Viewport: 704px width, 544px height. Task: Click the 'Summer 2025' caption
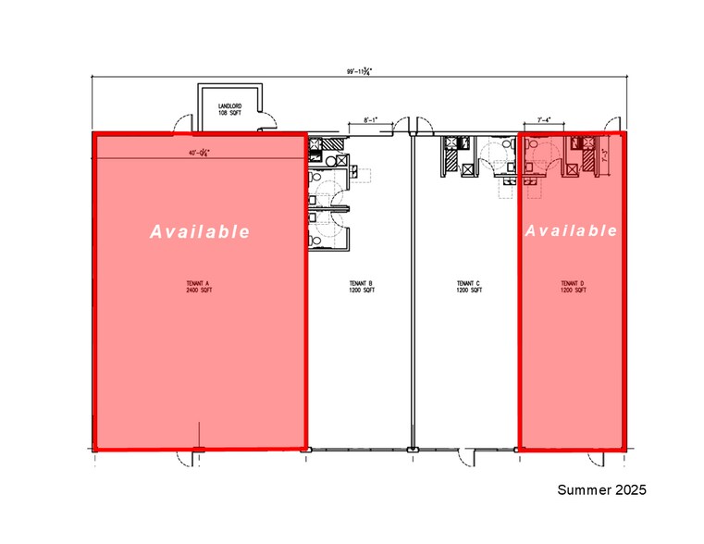click(601, 488)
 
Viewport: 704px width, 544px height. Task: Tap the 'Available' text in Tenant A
click(200, 231)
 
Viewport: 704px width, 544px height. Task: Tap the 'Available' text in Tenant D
click(571, 230)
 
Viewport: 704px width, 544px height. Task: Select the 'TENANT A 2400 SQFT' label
click(200, 287)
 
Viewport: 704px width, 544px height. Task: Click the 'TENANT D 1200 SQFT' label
click(574, 287)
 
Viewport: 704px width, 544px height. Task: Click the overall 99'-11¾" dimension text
click(358, 71)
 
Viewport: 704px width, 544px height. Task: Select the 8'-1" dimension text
click(372, 119)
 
